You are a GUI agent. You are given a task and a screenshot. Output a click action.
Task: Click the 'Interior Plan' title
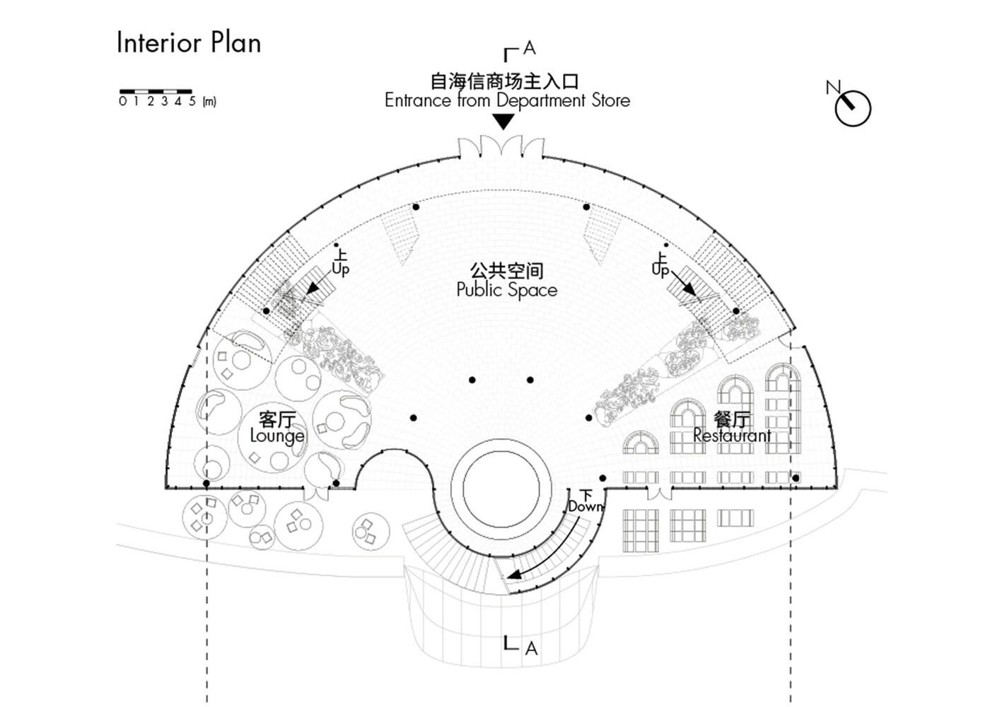[x=189, y=42]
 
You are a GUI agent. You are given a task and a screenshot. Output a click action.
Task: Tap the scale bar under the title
[x=156, y=91]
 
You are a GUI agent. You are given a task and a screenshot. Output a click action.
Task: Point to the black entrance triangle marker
[x=503, y=122]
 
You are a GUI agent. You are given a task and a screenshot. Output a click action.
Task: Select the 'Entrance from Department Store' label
[x=507, y=100]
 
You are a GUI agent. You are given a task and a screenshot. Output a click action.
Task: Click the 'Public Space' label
[x=506, y=290]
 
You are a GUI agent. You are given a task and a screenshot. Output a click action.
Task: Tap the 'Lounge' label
[x=277, y=436]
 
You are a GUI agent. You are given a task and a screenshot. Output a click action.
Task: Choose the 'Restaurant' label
[x=732, y=436]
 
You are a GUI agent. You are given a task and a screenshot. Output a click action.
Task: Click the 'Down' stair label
[x=586, y=506]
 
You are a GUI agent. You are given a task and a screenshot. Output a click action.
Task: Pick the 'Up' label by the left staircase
[x=340, y=269]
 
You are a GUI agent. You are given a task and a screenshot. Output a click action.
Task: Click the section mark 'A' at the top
[x=528, y=48]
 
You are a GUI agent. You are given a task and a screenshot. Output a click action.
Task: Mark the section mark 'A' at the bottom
[x=531, y=648]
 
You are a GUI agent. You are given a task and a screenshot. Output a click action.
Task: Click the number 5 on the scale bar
[x=192, y=102]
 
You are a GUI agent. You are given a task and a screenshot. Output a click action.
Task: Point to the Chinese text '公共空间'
[x=506, y=270]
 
